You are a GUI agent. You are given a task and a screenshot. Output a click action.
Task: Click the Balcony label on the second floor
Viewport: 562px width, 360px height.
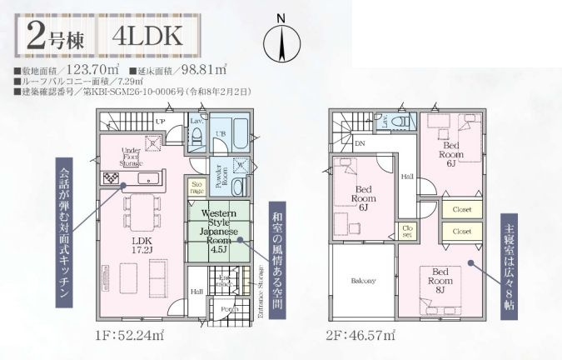point(362,280)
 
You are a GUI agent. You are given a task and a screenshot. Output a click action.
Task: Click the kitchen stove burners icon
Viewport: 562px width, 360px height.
point(111,178)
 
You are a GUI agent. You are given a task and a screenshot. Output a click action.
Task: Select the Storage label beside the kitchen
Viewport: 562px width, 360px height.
point(196,187)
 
